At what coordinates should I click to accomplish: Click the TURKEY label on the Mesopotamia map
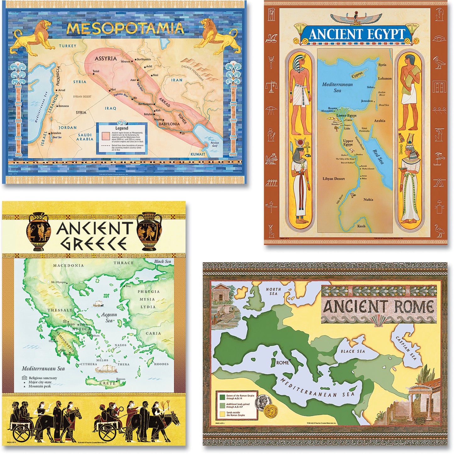click(68, 46)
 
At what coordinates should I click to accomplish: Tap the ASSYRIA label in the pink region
click(106, 58)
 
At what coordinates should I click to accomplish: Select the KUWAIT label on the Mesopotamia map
click(198, 154)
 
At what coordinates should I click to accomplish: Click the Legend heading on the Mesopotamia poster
click(122, 128)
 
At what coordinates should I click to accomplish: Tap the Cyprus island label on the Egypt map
click(357, 75)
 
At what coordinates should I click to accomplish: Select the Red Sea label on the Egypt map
click(378, 156)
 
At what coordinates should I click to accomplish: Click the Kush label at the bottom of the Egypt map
click(361, 226)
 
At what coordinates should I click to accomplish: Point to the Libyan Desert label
click(334, 179)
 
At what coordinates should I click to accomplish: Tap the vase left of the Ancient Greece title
click(38, 231)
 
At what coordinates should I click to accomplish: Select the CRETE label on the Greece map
click(107, 383)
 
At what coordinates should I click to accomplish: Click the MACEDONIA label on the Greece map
click(68, 265)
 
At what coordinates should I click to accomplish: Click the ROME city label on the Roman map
click(282, 363)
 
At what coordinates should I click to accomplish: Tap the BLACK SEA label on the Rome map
click(353, 351)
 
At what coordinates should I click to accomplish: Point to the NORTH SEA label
click(273, 291)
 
